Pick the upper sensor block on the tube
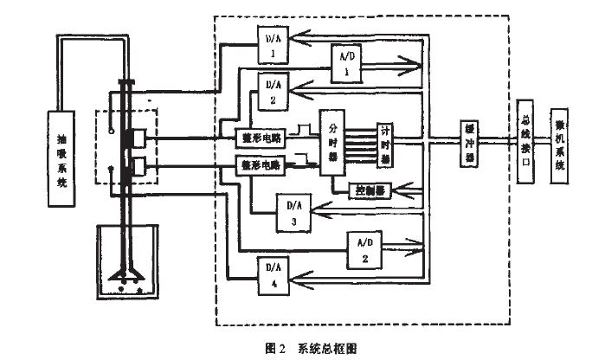[x=137, y=139]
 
